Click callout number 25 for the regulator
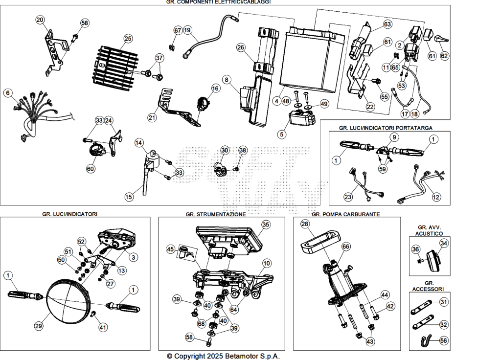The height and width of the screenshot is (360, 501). point(128,39)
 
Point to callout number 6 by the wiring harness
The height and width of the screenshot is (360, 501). point(8,93)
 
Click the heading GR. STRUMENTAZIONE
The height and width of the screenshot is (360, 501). point(216,214)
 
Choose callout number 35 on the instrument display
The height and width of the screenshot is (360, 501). point(266,225)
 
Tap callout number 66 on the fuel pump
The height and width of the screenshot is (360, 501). point(346,247)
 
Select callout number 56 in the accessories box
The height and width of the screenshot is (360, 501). point(443,340)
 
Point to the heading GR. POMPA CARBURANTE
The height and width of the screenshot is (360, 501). point(346,214)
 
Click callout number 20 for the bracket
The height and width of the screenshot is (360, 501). point(40,20)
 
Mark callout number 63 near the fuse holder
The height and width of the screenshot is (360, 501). point(387,24)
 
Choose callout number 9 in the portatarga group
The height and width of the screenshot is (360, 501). point(394,137)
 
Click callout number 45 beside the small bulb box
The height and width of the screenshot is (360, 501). point(171,249)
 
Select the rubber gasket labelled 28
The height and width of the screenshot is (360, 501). point(320,239)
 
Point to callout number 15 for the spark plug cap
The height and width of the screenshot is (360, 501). point(129,197)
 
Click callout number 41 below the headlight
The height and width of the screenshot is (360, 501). point(103,327)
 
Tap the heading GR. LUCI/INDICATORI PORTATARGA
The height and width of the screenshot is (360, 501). point(386,128)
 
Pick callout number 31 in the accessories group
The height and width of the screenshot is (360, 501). point(443,302)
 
